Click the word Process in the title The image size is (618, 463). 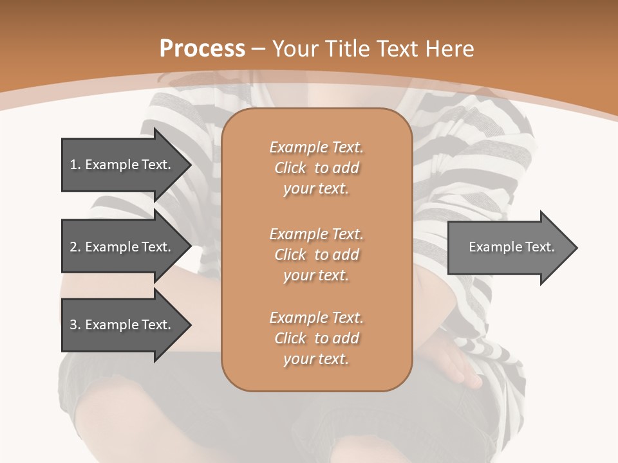point(202,49)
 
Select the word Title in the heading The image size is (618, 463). point(346,49)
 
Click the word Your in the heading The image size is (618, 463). point(296,49)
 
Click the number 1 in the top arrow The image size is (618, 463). point(73,165)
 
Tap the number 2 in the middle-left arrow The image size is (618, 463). point(73,247)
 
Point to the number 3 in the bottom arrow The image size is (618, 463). point(73,325)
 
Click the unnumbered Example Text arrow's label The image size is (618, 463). point(512,247)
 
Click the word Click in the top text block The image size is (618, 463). point(290,168)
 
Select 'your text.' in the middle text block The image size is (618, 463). point(316,275)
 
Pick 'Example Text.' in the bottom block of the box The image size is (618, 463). point(316,318)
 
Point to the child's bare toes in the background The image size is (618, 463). point(467,376)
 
